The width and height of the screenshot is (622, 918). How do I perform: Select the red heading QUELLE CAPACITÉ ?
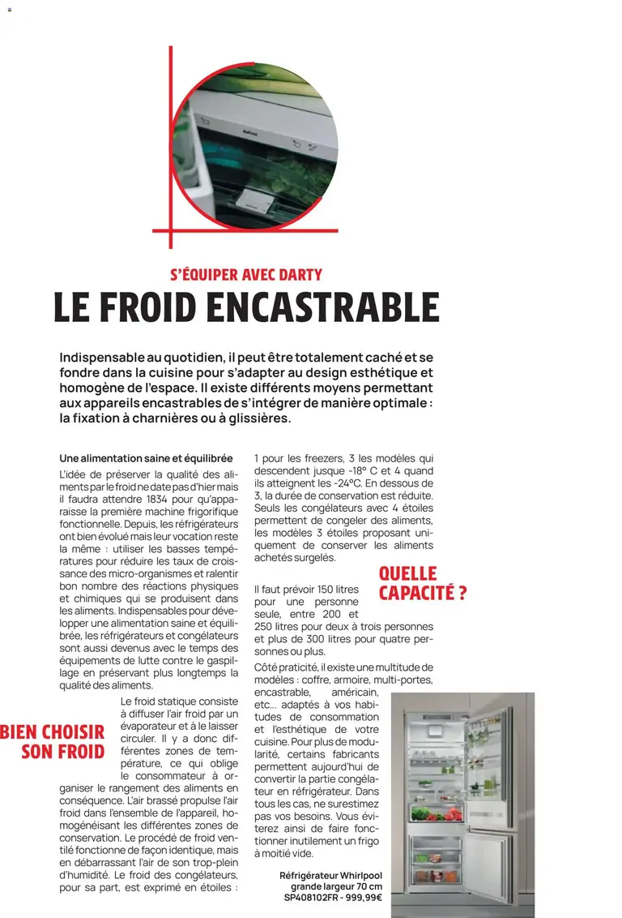point(422,584)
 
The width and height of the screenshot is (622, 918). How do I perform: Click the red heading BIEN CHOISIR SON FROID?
point(53,741)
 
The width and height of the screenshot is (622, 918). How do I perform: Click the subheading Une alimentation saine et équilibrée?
point(146,458)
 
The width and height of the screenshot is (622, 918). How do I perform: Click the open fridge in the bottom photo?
point(462,803)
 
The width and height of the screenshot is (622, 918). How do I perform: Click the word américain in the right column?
point(355,692)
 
